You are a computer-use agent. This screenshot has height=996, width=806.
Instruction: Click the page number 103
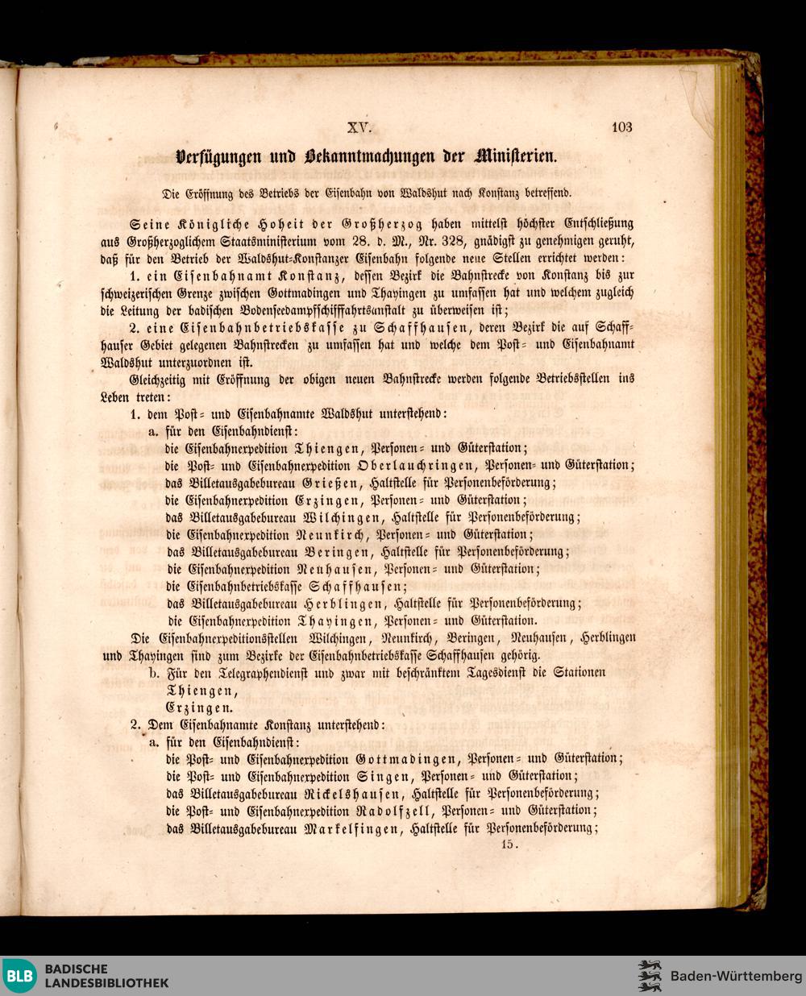click(621, 127)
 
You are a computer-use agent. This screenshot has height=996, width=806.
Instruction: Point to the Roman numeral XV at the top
click(359, 127)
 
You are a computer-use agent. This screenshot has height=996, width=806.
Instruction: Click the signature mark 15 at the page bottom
click(509, 845)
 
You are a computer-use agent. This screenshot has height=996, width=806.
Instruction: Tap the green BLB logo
click(19, 976)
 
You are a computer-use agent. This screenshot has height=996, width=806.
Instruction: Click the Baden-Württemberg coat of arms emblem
click(649, 976)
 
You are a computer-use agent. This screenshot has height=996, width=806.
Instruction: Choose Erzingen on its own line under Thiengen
click(199, 708)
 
